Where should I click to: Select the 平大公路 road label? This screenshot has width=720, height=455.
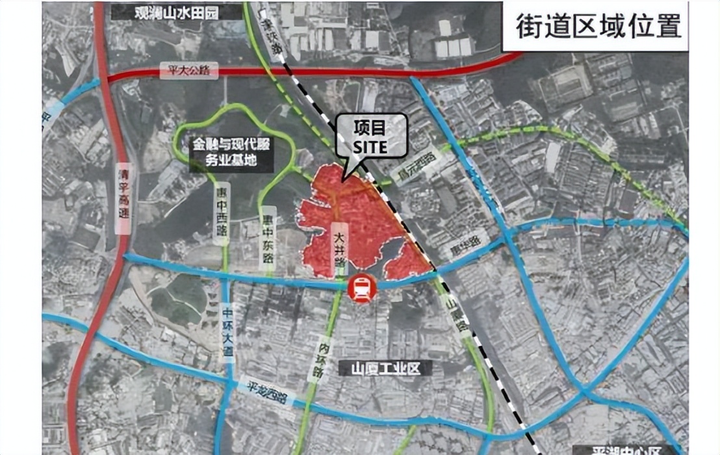(x=187, y=71)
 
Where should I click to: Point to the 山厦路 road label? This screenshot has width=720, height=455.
(x=455, y=313)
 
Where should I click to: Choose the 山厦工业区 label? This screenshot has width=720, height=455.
(x=382, y=369)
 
